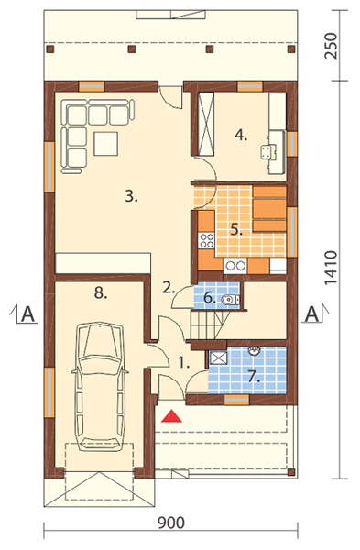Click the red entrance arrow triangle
[172, 416]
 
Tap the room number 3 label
[132, 196]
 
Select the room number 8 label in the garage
[101, 292]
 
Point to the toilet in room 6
[231, 300]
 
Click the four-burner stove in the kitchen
[206, 240]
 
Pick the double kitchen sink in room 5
[235, 266]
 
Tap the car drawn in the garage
[99, 388]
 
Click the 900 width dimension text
[171, 522]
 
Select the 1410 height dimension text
[331, 268]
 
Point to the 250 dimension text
[331, 46]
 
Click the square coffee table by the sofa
[106, 144]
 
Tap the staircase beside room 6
[210, 324]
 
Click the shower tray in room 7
[218, 357]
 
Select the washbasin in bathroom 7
[254, 351]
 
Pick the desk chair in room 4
[267, 152]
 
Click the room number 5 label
[236, 230]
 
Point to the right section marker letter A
[311, 313]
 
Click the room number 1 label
[184, 362]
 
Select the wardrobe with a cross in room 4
[206, 124]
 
